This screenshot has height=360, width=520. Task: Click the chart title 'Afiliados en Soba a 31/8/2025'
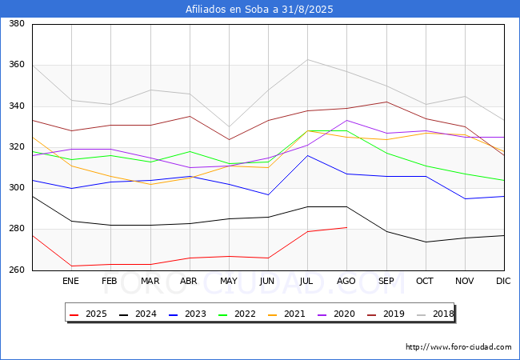pos(259,10)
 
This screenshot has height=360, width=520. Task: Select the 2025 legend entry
pos(88,314)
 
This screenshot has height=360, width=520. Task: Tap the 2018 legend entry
pos(435,314)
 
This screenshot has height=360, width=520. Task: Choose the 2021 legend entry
pos(286,314)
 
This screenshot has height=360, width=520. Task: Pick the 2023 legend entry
pos(187,314)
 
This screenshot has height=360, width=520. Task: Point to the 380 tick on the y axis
pos(17,23)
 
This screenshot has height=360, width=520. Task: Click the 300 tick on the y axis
pos(17,188)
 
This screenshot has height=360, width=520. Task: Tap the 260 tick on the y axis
pos(17,270)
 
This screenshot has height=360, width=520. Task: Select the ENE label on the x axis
pos(70,281)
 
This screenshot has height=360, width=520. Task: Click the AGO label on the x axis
pos(346,281)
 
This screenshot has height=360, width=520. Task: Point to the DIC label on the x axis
pos(503,281)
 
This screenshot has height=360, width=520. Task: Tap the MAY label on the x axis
pos(229,281)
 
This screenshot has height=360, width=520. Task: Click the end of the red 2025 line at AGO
pos(347,227)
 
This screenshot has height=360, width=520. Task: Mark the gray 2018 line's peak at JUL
pos(308,59)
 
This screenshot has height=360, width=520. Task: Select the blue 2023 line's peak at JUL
pos(308,155)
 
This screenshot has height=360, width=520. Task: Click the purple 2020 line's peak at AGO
pos(347,120)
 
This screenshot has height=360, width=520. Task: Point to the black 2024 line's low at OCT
pos(426,242)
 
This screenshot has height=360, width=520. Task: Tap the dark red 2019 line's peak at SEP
pos(386,102)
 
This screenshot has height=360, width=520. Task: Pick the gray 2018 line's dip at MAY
pos(229,126)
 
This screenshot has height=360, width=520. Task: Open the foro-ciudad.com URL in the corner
pos(458,347)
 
